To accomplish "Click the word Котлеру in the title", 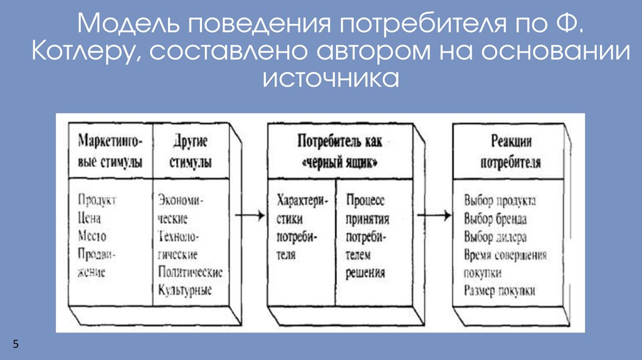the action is click(86, 53).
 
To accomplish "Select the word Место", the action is click(92, 236).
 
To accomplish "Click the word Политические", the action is click(191, 273).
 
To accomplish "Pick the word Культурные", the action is click(186, 290).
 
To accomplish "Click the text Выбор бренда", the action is click(495, 220).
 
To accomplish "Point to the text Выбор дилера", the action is click(495, 237).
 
